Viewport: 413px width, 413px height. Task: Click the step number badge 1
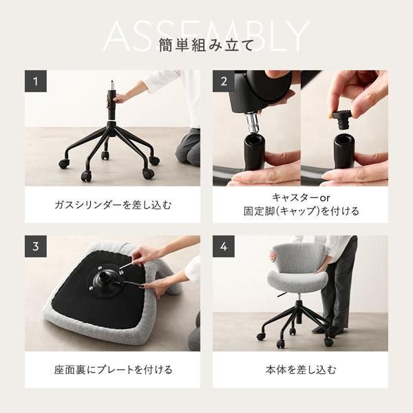click(x=36, y=81)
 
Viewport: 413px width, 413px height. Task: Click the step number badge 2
click(x=224, y=81)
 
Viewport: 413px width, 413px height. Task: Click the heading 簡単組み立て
click(x=206, y=46)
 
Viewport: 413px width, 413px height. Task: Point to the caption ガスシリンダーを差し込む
click(x=112, y=204)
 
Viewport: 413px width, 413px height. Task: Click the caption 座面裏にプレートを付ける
click(x=112, y=370)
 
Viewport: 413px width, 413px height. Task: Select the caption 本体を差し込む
click(x=300, y=370)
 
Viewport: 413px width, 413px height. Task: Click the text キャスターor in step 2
click(x=300, y=197)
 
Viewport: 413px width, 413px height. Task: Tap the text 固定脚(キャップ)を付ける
click(x=300, y=211)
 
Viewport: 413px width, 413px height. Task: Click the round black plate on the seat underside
click(x=104, y=279)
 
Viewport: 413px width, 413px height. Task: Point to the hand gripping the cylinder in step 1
click(x=121, y=98)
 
